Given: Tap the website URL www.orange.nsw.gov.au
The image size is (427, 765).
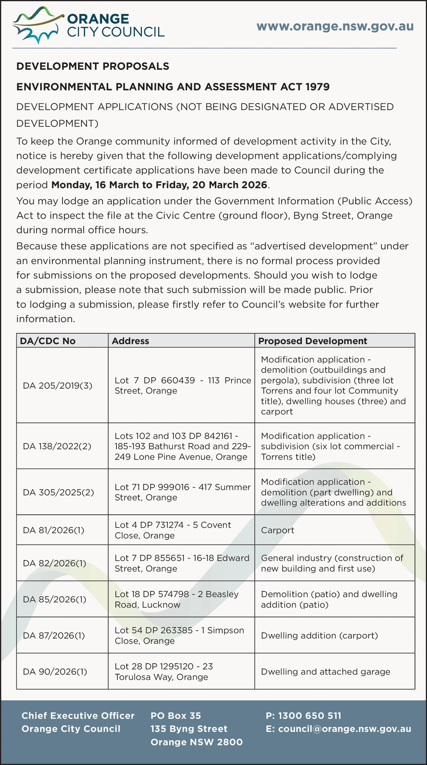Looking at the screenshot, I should [x=335, y=26].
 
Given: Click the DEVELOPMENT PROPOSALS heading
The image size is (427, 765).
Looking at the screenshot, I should [x=93, y=66].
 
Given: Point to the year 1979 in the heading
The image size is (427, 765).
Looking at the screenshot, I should [x=315, y=87].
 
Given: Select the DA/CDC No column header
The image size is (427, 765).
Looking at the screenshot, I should [x=47, y=341].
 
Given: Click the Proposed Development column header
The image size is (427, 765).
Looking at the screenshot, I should [x=313, y=341].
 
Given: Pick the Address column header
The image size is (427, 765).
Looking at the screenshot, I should [x=130, y=341].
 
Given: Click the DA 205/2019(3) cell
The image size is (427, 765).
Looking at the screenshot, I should [x=58, y=385].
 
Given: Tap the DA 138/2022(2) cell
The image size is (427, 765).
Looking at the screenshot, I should [x=58, y=446].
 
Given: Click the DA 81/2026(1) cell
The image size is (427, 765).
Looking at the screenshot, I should [x=54, y=530].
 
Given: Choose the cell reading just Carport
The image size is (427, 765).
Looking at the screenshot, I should [x=278, y=530].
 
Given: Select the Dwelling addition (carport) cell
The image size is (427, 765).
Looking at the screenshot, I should [x=319, y=635].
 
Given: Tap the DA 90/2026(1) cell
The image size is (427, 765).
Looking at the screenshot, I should [x=55, y=671].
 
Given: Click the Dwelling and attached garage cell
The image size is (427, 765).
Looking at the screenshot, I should [x=326, y=671].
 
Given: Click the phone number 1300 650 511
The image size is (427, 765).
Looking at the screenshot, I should [x=303, y=716].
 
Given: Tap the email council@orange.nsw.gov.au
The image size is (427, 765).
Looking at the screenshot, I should [x=338, y=729].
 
